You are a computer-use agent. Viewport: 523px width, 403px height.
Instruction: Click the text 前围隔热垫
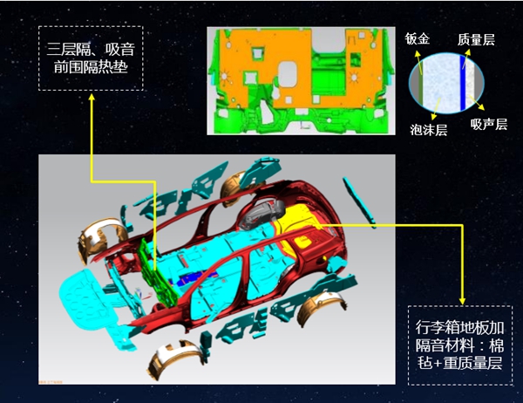click(x=92, y=65)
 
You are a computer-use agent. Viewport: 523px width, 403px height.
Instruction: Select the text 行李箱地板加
click(x=459, y=327)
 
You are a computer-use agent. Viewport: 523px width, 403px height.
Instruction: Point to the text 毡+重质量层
click(x=459, y=364)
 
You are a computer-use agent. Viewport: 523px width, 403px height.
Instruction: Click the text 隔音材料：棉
click(x=459, y=345)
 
